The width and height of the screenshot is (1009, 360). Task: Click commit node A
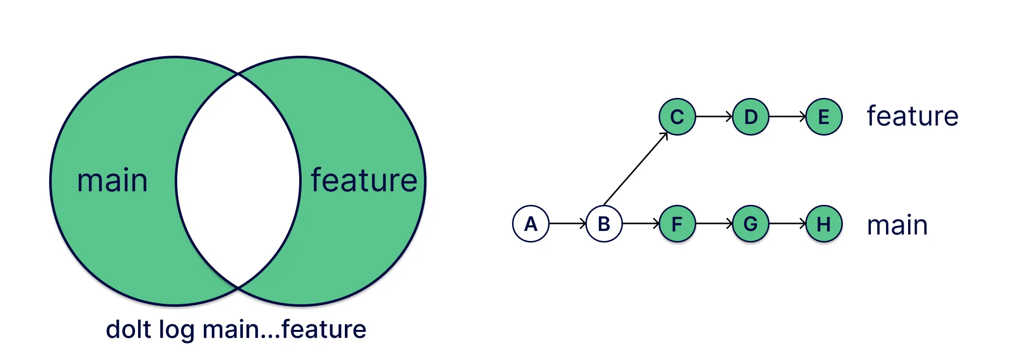531,224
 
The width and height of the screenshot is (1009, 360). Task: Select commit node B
604,224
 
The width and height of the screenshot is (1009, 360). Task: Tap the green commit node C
677,117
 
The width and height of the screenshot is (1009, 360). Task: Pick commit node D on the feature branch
750,117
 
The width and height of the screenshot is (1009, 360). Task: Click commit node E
824,117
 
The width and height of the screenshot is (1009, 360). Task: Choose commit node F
677,224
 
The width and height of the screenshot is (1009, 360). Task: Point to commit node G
750,224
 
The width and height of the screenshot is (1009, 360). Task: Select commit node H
824,224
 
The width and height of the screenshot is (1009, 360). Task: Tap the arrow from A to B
567,224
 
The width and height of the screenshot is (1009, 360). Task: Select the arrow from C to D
714,117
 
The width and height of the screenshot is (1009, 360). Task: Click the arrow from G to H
787,224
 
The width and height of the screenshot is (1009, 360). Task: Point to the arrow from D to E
787,117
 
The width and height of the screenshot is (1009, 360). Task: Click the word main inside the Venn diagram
112,181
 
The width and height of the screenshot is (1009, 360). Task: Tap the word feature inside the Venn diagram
364,181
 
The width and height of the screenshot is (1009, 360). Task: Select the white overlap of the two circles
238,181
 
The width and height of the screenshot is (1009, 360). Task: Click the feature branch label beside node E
913,116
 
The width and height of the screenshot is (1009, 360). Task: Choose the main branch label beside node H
898,225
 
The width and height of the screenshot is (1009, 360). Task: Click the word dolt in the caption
129,330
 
